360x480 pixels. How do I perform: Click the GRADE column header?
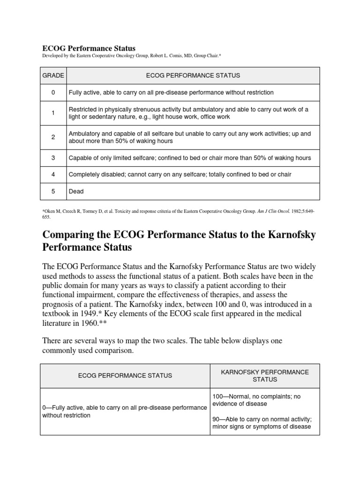coord(52,75)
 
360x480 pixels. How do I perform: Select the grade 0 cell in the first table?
coord(53,93)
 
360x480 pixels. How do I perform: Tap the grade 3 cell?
coord(53,158)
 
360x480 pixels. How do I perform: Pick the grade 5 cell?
coord(53,191)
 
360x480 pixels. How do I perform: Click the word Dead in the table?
coord(76,191)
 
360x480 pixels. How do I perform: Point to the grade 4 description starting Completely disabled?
coord(180,174)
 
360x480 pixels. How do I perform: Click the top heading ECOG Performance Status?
coord(89,48)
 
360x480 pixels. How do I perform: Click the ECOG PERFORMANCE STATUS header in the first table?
coord(193,75)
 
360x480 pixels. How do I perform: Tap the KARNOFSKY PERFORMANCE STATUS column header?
coord(265,375)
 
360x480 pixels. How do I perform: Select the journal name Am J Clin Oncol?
coord(271,211)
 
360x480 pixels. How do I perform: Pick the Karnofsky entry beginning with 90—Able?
coord(262,422)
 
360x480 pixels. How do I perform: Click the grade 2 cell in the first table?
coord(53,137)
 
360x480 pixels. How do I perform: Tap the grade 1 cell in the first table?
coord(53,113)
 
